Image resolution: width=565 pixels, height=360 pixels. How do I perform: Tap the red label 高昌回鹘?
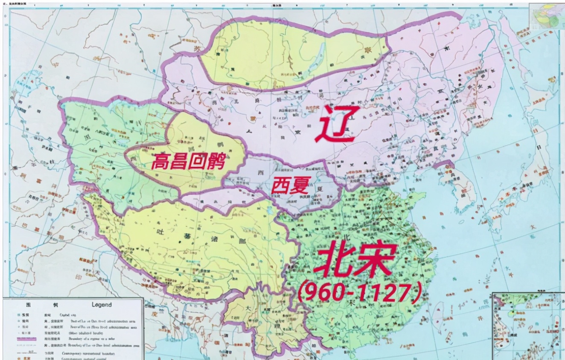(x=188, y=161)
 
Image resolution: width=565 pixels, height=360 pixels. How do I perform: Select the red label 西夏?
(x=291, y=186)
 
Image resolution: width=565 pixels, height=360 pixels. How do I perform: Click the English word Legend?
(x=102, y=305)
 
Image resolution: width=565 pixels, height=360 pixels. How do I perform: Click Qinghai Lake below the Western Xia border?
(x=269, y=210)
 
